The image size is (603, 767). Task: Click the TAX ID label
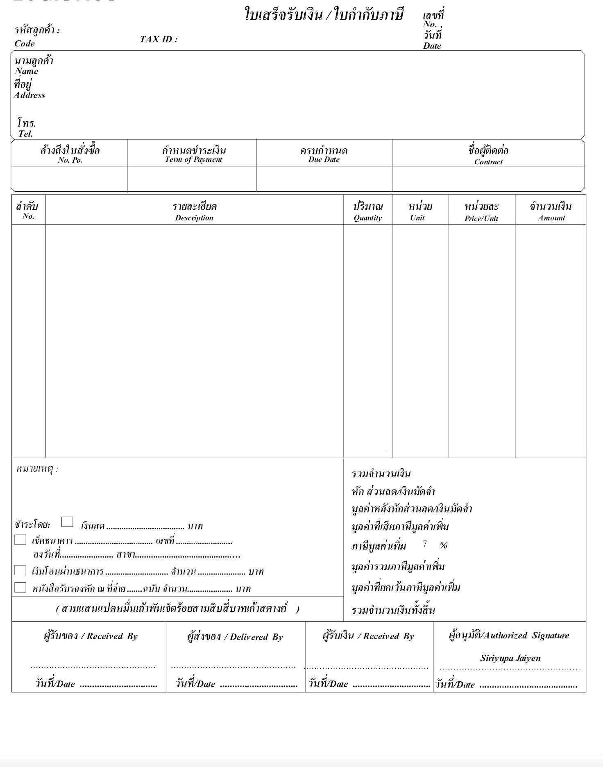point(159,39)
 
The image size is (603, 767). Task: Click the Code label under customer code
point(25,43)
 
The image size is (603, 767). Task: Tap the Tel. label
point(25,134)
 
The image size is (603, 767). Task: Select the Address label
point(29,95)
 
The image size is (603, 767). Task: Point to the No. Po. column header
point(70,160)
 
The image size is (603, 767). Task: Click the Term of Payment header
point(193,159)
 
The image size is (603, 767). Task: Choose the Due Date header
point(324,159)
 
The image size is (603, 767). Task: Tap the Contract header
point(488,161)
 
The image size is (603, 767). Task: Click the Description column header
point(194,218)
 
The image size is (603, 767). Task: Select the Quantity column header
point(367,218)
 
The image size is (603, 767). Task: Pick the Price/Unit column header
point(481,218)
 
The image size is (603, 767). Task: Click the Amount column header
point(551,218)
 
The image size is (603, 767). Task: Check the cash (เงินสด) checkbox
point(67,522)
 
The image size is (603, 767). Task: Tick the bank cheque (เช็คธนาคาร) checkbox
point(20,540)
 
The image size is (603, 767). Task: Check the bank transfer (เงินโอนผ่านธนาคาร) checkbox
point(20,570)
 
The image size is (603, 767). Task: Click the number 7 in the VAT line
point(425,544)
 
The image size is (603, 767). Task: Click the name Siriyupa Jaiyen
point(510,658)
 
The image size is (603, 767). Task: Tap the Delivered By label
point(256,637)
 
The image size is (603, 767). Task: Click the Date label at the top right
point(432,46)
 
